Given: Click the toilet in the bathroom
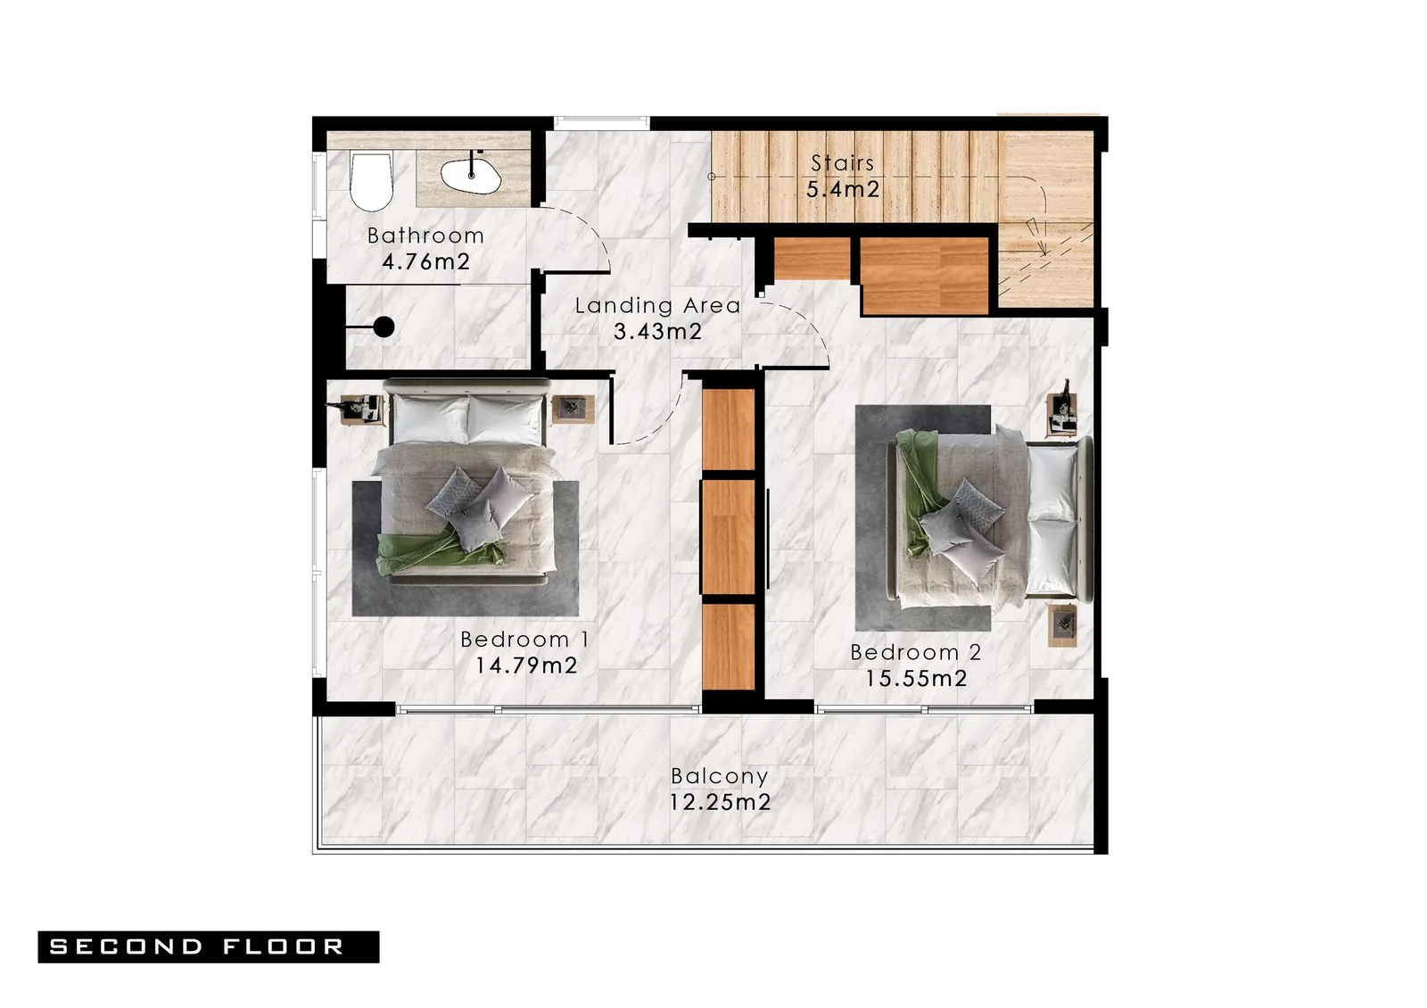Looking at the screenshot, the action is click(371, 182).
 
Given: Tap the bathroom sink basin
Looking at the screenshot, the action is click(470, 175).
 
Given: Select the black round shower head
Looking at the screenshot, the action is click(384, 327).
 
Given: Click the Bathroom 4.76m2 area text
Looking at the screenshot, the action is click(425, 249).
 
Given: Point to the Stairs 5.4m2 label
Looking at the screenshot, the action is click(843, 177).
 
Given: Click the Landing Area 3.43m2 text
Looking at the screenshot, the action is click(658, 318).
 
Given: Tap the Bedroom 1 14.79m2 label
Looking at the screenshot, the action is click(525, 652).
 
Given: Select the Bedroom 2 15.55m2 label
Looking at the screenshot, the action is click(916, 665).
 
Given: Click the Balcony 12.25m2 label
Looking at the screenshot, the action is click(720, 789).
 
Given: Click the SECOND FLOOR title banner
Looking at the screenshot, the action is click(209, 946).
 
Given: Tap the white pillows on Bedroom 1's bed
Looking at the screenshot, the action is click(468, 418).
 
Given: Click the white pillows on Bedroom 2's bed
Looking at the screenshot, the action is click(1052, 520).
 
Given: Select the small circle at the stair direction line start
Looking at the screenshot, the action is click(712, 177).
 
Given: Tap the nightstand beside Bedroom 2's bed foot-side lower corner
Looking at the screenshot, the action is click(1062, 625).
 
